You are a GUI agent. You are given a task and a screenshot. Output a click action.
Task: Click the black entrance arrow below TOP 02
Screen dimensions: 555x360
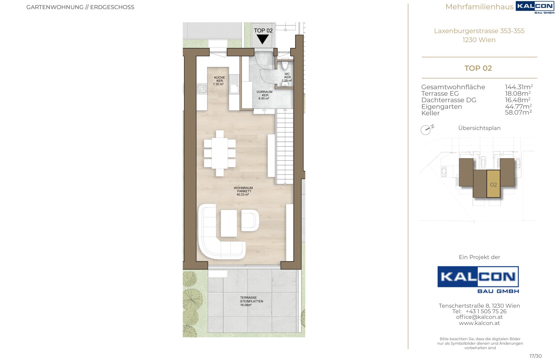pos(262,39)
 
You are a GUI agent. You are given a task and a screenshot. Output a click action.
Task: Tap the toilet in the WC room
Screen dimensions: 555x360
pos(285,65)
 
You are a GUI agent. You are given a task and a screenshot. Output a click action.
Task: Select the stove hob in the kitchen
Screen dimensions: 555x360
pos(202,89)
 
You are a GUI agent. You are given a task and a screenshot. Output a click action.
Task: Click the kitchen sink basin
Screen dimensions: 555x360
pos(234,89)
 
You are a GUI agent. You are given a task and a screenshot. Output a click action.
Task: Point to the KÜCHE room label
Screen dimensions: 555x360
pos(219,81)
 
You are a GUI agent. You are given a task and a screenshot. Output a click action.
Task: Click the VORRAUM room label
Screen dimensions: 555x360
pos(264,95)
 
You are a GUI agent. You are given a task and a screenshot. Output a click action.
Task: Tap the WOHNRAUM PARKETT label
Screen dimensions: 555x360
pos(243,191)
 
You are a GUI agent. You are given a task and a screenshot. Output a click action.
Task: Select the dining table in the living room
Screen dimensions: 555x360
pos(219,153)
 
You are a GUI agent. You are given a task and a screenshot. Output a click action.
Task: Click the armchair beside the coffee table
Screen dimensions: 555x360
pos(250,220)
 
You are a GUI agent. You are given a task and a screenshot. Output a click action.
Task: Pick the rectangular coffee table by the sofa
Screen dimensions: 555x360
pos(229,223)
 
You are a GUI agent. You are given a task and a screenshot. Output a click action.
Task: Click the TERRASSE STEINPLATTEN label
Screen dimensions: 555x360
pos(251,301)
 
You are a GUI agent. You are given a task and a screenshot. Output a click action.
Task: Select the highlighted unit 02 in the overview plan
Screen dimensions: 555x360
pos(493,184)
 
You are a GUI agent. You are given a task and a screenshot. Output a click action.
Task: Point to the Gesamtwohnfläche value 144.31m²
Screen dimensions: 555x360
pos(519,87)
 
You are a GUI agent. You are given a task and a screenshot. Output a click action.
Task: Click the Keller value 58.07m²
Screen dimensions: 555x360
pos(518,113)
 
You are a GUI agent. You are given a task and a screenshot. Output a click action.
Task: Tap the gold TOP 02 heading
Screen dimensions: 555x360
pos(478,68)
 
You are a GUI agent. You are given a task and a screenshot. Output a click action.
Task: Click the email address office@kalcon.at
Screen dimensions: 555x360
pos(479,317)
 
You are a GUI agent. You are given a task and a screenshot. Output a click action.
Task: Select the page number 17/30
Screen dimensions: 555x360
pos(535,356)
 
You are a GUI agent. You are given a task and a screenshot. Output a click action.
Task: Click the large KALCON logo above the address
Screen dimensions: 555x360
pos(478,280)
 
